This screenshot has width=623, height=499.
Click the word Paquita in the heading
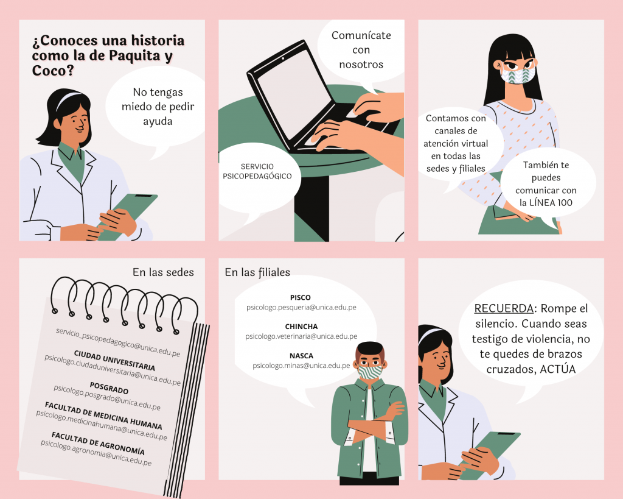[x=134, y=55]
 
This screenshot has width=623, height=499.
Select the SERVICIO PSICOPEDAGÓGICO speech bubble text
[x=257, y=171]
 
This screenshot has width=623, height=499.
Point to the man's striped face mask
[x=370, y=372]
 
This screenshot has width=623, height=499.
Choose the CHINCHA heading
[x=301, y=327]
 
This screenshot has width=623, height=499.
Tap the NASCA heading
[x=301, y=356]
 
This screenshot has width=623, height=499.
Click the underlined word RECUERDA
[x=504, y=308]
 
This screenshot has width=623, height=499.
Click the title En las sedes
[x=163, y=272]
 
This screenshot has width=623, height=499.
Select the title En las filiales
[x=257, y=272]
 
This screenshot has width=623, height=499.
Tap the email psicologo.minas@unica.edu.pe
[x=301, y=366]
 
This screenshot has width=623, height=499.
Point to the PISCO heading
[x=301, y=298]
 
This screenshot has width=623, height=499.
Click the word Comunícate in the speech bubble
[x=361, y=35]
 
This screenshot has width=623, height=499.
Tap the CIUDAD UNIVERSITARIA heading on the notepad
[x=114, y=360]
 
